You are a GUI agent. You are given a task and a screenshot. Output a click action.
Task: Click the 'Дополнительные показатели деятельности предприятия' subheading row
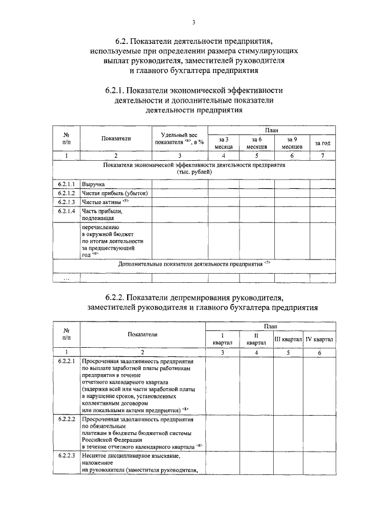(194, 264)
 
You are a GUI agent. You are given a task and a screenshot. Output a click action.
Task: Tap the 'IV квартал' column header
(319, 339)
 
